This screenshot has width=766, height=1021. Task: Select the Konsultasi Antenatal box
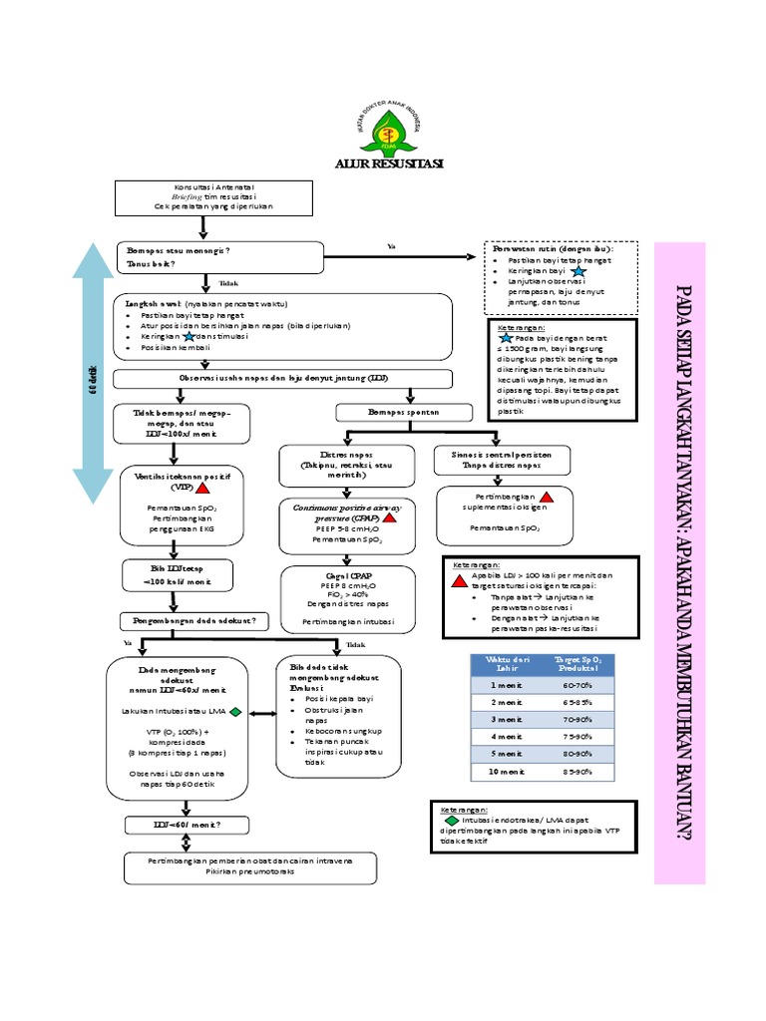[203, 197]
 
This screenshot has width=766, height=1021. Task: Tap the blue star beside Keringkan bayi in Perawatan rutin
[579, 271]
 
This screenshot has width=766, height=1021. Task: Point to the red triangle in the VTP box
[201, 489]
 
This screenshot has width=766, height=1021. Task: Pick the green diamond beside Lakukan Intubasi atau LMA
[235, 712]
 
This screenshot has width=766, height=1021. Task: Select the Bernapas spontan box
[389, 411]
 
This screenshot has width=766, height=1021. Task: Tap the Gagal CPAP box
[340, 600]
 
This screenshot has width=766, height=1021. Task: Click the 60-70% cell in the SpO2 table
[577, 687]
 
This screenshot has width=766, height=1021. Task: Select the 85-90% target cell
[577, 772]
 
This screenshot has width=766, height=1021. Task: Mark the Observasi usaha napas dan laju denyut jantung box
[283, 379]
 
